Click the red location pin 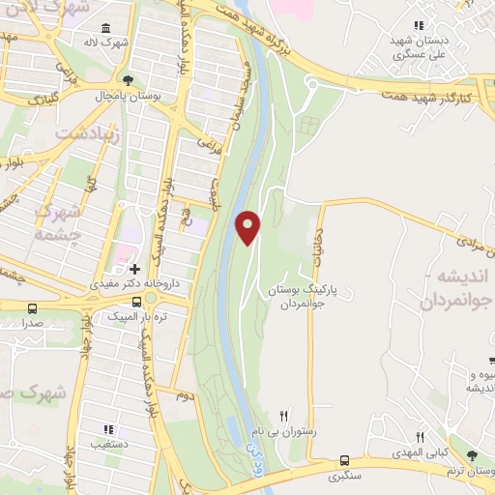coord(248,225)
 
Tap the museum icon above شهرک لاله coord(104,27)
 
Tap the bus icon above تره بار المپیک coord(134,303)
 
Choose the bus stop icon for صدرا coord(33,309)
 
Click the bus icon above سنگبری coord(345,461)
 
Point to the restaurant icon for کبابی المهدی coord(420,438)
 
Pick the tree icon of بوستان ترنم coord(472,455)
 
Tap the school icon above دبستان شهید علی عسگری coord(418,25)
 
